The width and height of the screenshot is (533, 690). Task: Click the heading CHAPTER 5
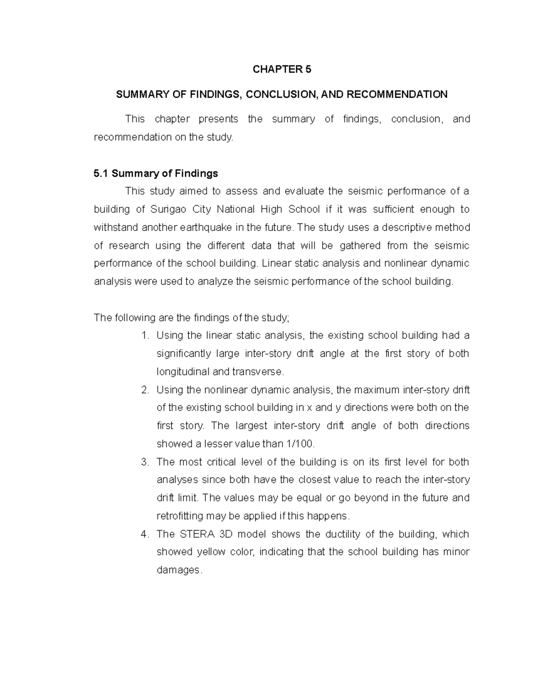click(282, 69)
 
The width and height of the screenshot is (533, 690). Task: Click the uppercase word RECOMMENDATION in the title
click(397, 94)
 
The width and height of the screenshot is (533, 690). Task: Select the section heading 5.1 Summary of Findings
click(156, 173)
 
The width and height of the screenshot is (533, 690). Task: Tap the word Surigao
click(168, 209)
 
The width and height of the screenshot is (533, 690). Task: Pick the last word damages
click(179, 570)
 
